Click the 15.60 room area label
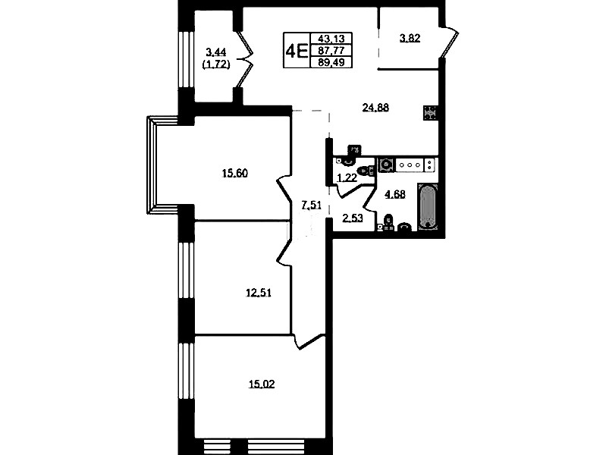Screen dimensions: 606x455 (234, 173)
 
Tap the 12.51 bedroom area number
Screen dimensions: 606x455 (259, 293)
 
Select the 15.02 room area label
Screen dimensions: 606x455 (262, 384)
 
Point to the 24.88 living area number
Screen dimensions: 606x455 (375, 108)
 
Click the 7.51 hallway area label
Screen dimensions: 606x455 (311, 206)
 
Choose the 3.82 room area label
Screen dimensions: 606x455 (410, 38)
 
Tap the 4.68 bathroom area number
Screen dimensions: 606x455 (394, 194)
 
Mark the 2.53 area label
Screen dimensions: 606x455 (353, 218)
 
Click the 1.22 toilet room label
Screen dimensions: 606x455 (347, 177)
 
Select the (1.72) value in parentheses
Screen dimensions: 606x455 (216, 64)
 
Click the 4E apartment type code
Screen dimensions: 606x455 (297, 51)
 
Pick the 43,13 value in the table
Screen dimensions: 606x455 (331, 38)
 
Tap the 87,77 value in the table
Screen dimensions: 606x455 (331, 50)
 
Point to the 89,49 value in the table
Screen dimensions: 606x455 (331, 62)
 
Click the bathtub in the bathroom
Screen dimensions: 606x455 (428, 207)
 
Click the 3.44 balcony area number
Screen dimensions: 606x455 (216, 52)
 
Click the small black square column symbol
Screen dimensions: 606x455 (430, 113)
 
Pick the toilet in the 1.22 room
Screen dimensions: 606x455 (366, 170)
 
